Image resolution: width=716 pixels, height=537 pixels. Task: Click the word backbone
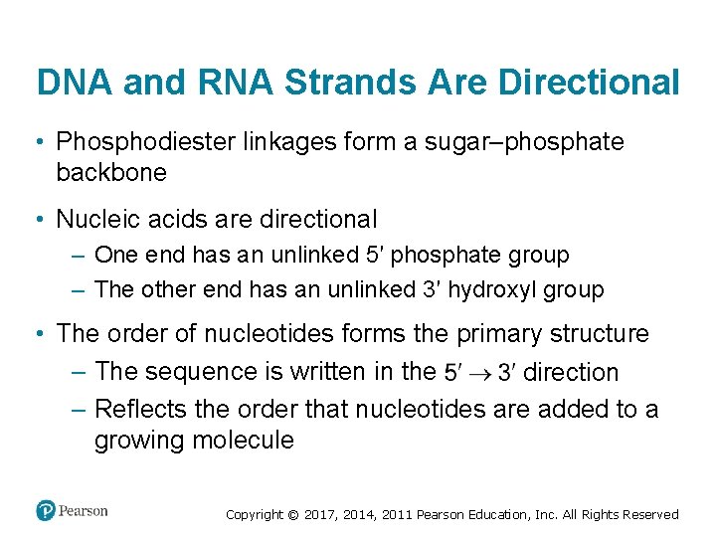(x=111, y=172)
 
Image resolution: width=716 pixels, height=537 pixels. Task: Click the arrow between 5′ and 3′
(x=478, y=373)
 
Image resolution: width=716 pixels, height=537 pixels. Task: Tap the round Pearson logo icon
(x=46, y=510)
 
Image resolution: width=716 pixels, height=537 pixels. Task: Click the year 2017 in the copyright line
(x=319, y=515)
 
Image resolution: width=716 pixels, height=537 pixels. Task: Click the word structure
(x=597, y=333)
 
